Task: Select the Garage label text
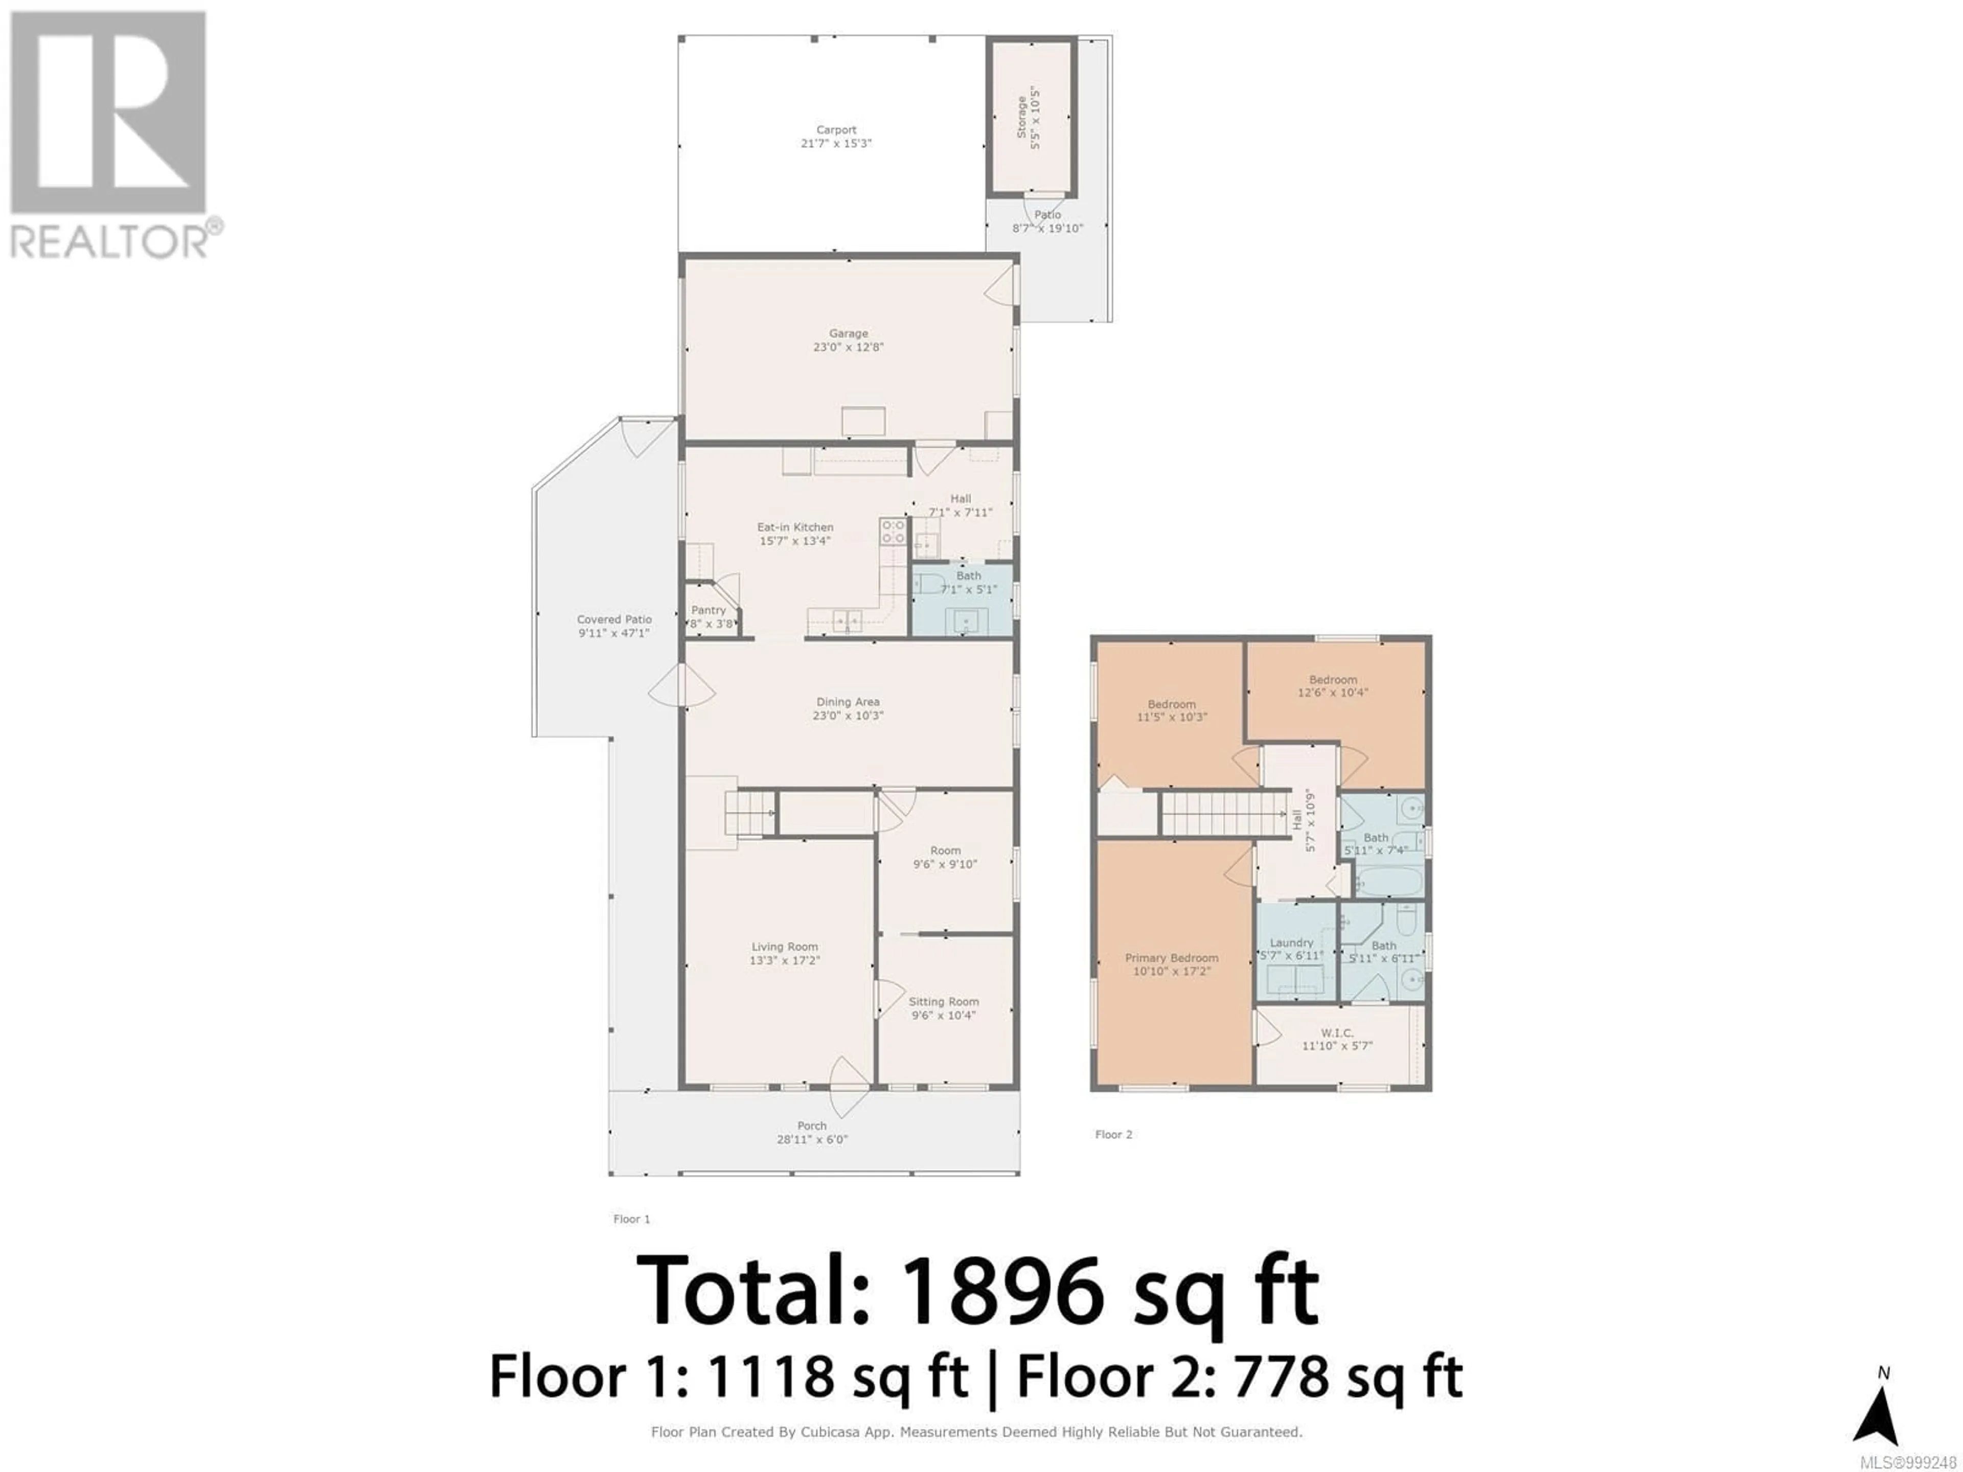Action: (x=849, y=334)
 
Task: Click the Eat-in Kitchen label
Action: (x=795, y=527)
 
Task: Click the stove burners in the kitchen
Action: (x=893, y=532)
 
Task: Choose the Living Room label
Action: (x=785, y=947)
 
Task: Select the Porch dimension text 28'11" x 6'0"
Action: (x=812, y=1139)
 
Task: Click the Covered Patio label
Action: (x=614, y=619)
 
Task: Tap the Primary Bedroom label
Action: (x=1172, y=958)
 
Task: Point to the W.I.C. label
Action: (x=1336, y=1033)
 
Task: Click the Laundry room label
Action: (x=1291, y=943)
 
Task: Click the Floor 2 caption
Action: (x=1114, y=1135)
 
